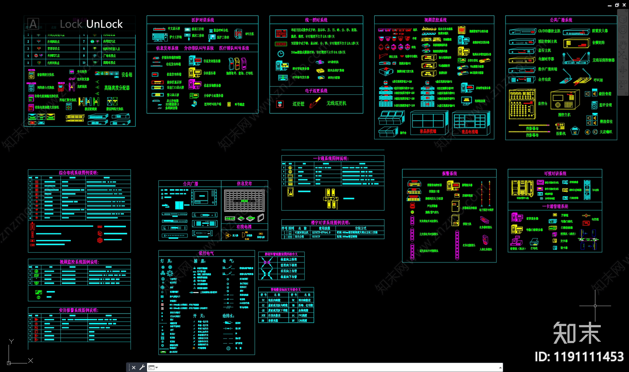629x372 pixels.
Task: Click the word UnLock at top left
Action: click(105, 24)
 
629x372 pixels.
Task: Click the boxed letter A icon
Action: click(33, 24)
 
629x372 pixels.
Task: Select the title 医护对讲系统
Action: click(202, 20)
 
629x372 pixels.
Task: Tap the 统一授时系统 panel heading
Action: click(316, 20)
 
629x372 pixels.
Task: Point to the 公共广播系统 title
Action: click(561, 20)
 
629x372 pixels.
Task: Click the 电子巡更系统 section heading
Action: click(316, 91)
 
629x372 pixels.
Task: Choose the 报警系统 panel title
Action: click(449, 174)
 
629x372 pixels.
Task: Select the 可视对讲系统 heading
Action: click(555, 174)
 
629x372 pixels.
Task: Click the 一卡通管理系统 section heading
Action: click(555, 206)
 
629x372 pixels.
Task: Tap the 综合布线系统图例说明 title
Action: click(79, 173)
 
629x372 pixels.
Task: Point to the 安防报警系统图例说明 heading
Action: click(79, 310)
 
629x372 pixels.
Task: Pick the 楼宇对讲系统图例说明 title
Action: click(330, 223)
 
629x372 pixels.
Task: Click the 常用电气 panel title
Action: click(206, 253)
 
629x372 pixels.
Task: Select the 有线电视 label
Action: click(244, 227)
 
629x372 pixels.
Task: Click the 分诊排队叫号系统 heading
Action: click(199, 48)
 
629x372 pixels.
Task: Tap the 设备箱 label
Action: click(127, 75)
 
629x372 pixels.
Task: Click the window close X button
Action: click(624, 5)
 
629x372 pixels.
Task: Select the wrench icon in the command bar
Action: click(142, 367)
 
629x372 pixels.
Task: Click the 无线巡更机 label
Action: click(336, 103)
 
